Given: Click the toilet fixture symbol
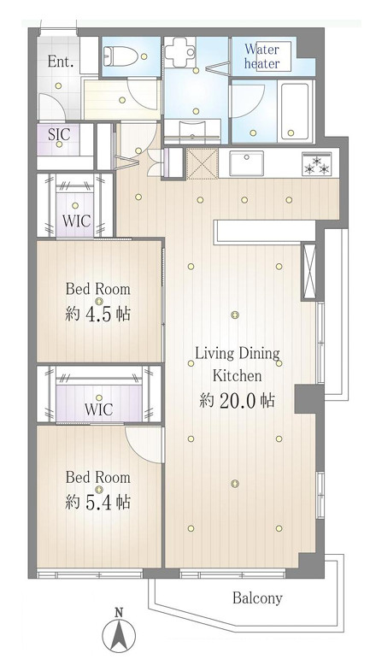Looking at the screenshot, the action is pos(120,56).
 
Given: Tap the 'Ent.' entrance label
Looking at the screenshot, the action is pos(61,62).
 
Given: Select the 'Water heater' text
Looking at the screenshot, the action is pos(262,56).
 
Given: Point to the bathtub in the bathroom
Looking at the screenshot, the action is pos(295,111).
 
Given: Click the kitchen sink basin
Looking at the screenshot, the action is pos(246,163).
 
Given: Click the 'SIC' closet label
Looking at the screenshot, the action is pos(59,134).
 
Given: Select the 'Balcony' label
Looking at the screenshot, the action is pos(257,598).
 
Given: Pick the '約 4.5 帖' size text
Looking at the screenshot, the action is pos(98,315).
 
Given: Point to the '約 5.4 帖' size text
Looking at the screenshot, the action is pos(98,502).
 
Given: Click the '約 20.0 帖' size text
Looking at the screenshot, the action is pos(237,400).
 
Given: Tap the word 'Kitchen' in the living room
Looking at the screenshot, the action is pos(237,375).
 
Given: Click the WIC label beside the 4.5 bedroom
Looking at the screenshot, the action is pos(77,221).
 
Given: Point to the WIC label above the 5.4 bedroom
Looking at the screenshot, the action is pos(98,409).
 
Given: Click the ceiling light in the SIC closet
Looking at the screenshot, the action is pos(59,144).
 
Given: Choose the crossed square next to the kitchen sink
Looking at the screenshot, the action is pos(203,163).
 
